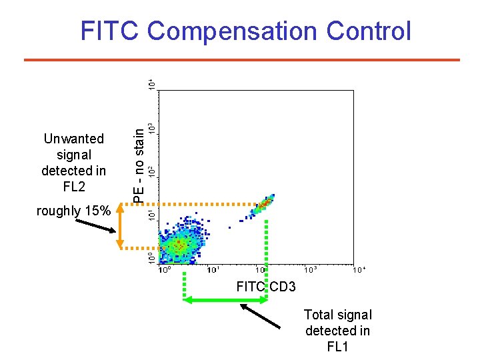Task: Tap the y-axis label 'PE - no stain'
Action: pos(139,164)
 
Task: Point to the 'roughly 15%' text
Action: pos(73,211)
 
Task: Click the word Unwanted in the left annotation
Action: pos(73,139)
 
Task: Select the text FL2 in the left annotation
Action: pos(73,187)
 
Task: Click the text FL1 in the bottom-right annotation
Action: pos(337,347)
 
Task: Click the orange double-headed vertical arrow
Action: pos(120,226)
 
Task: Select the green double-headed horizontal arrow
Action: pos(225,301)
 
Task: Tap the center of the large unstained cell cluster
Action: pos(178,245)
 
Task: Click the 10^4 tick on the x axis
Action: pos(359,270)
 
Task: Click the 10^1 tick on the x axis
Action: pos(213,270)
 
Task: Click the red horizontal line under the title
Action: pos(241,60)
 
